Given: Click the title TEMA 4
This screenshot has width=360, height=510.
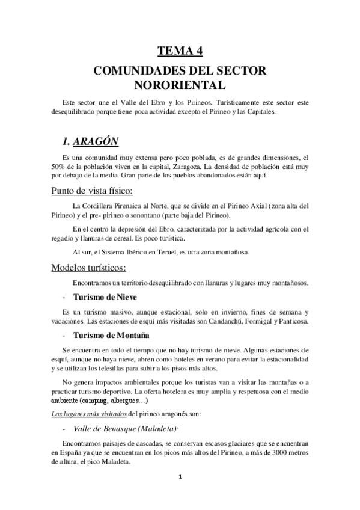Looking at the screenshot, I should click(x=180, y=51).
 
